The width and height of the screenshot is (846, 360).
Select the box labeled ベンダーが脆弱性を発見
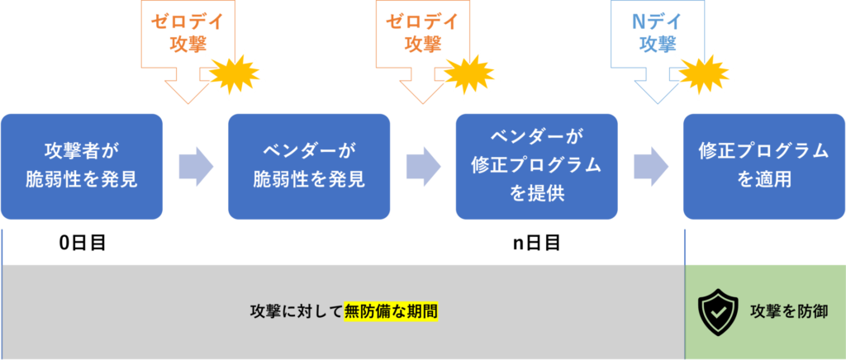309,166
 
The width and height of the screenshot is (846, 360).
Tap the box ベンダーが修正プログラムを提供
537,166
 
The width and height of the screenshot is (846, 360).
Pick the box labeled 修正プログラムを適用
763,166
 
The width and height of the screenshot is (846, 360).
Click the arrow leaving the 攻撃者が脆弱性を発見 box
196,166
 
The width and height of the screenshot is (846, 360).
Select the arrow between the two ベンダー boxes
423,166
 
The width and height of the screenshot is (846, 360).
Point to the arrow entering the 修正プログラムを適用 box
651,166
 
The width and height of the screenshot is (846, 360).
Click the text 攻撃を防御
788,312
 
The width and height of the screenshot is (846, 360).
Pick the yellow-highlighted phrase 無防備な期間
391,312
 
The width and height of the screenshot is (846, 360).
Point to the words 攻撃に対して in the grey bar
296,312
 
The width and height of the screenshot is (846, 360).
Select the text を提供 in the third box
537,195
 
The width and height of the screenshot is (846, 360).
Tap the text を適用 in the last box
763,180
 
